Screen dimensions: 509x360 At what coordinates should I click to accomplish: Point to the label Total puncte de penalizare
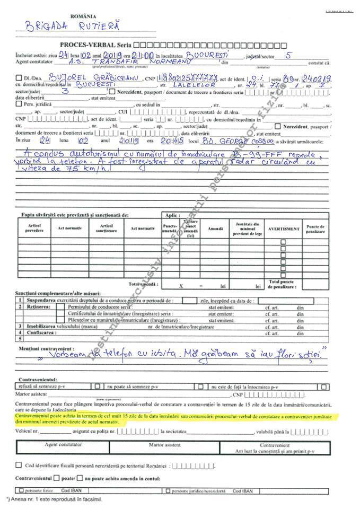pos(282,284)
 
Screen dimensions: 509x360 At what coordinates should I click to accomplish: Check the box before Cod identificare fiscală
pos(19,465)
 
